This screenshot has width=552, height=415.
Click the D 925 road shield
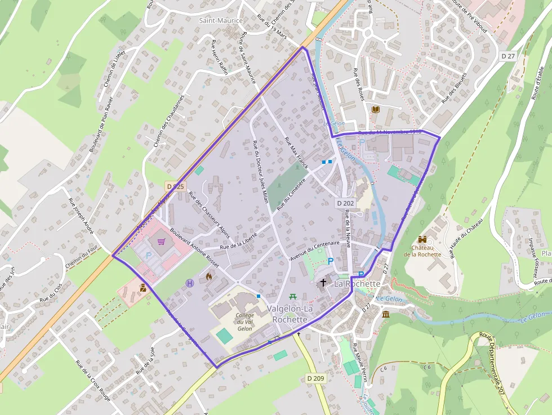click(x=175, y=186)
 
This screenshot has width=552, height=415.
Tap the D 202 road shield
click(x=345, y=203)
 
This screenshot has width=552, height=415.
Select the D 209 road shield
click(x=317, y=378)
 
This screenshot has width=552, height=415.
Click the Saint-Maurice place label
click(x=221, y=21)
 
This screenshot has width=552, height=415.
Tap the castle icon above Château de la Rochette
click(x=422, y=239)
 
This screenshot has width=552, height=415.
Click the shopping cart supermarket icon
click(x=162, y=242)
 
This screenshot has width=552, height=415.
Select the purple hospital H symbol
click(x=189, y=283)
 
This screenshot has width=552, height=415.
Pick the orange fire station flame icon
click(x=209, y=276)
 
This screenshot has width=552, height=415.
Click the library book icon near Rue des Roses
click(x=376, y=109)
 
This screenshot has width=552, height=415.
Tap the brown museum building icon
click(x=386, y=314)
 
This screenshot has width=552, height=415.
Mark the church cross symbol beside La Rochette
click(x=323, y=283)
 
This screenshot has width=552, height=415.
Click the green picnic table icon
click(x=293, y=296)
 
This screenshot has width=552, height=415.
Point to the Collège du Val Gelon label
click(x=244, y=322)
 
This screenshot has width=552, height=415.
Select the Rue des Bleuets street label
click(x=455, y=88)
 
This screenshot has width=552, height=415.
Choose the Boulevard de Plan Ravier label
click(x=101, y=124)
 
